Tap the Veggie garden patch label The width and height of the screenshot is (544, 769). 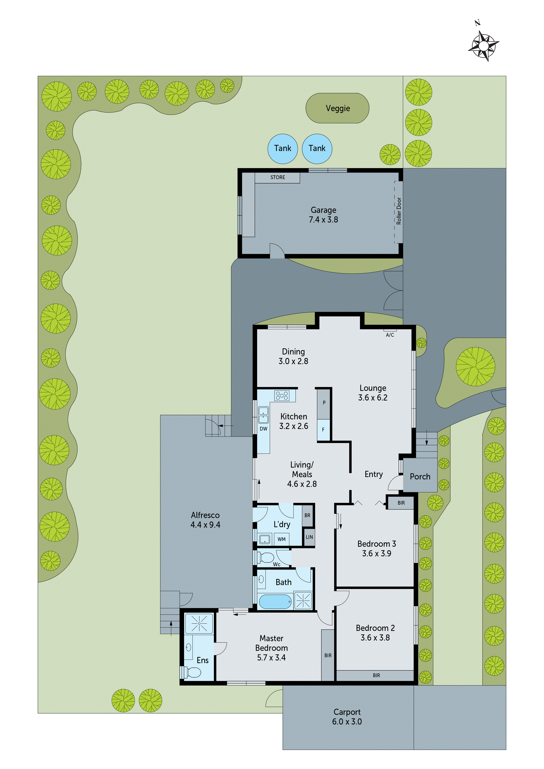[x=338, y=108]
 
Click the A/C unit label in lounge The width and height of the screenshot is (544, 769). [x=390, y=335]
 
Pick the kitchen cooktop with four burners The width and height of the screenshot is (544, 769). [x=282, y=395]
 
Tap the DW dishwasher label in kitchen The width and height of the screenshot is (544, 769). [x=263, y=429]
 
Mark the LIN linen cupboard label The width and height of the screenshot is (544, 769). [x=309, y=537]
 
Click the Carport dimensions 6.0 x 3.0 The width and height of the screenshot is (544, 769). [x=347, y=722]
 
